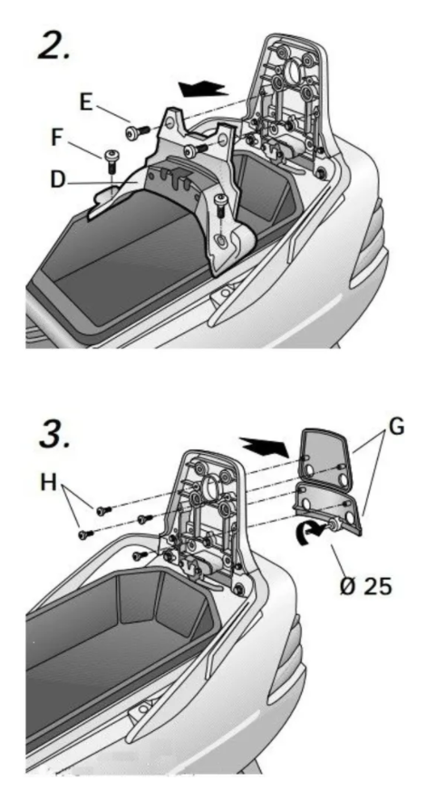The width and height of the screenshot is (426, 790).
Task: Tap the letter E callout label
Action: pyautogui.click(x=86, y=101)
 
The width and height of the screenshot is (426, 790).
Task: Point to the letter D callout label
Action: pyautogui.click(x=58, y=179)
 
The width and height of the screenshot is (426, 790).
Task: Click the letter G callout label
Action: pyautogui.click(x=397, y=429)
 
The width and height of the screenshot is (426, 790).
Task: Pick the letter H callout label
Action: pyautogui.click(x=49, y=483)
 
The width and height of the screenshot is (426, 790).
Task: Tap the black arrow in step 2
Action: pyautogui.click(x=203, y=89)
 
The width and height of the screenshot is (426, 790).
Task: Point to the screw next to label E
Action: pyautogui.click(x=135, y=132)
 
